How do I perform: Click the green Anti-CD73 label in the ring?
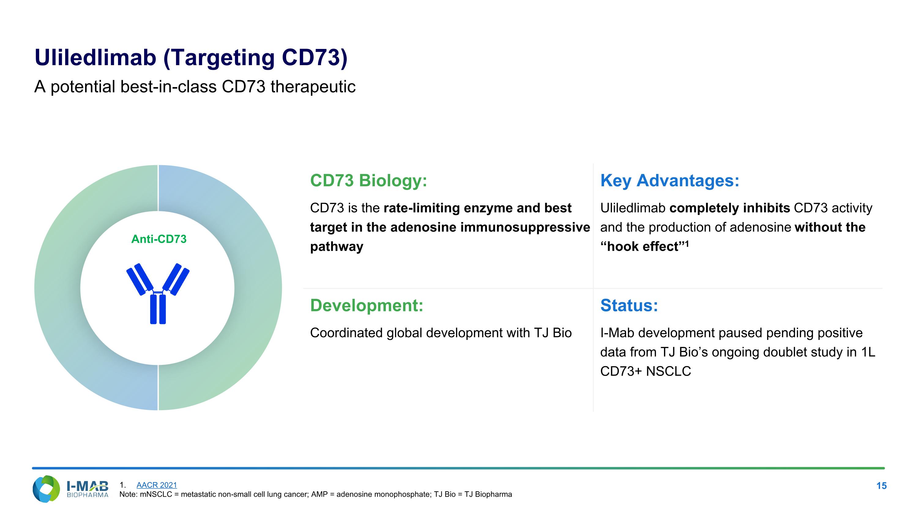click(x=159, y=239)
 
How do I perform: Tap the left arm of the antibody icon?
click(x=139, y=279)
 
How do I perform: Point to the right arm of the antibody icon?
click(x=176, y=279)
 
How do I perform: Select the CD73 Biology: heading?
click(x=368, y=180)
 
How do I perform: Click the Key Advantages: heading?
click(x=670, y=180)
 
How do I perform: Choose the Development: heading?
click(x=367, y=305)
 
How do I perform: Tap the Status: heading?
click(x=629, y=305)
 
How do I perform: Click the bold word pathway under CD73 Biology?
click(x=336, y=247)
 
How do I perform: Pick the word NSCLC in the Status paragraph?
click(x=668, y=371)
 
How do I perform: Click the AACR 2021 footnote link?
click(x=156, y=485)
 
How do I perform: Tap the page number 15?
click(x=881, y=486)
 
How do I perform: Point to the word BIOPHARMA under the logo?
click(x=87, y=495)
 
